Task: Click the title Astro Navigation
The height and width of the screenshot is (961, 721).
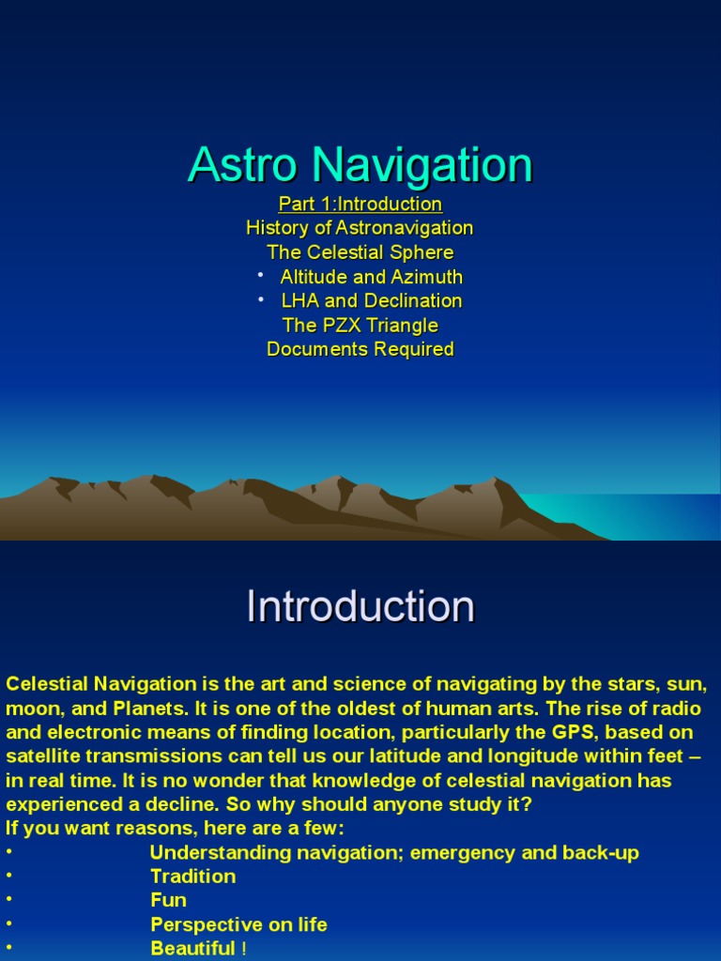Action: tap(360, 165)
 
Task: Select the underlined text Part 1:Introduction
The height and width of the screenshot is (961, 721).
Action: tap(360, 204)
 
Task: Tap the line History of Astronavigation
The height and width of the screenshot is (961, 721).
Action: tap(360, 228)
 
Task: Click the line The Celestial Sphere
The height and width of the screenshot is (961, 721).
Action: tap(360, 252)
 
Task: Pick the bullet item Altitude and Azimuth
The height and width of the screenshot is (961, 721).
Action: tap(371, 277)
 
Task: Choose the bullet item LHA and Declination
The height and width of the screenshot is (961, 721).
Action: tap(372, 301)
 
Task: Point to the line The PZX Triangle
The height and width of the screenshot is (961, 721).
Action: tap(360, 326)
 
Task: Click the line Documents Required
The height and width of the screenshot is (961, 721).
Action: tap(360, 350)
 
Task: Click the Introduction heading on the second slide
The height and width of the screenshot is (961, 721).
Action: tap(360, 606)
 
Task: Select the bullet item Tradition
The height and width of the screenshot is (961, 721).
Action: tap(192, 877)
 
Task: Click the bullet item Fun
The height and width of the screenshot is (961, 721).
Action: tap(168, 901)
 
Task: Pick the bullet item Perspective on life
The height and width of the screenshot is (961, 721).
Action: tap(238, 925)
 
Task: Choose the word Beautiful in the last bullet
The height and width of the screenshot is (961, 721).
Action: tap(192, 949)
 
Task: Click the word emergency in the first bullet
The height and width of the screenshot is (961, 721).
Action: tap(457, 853)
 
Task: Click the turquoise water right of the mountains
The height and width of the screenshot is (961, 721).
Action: tap(648, 516)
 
